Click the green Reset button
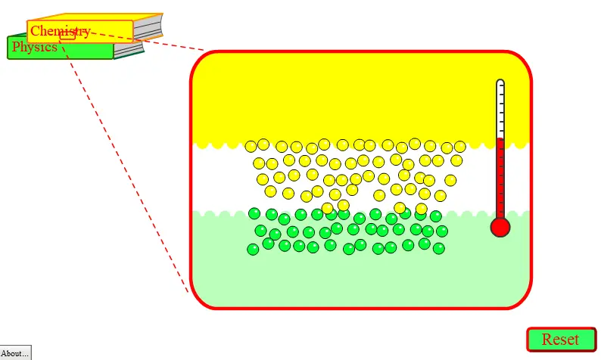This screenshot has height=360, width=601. tap(562, 340)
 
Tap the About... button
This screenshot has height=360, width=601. tap(15, 353)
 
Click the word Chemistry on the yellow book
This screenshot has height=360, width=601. tap(61, 31)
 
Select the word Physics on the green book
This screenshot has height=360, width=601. tap(35, 47)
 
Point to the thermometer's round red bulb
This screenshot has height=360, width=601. tap(500, 227)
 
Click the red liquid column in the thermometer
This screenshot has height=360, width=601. tap(500, 178)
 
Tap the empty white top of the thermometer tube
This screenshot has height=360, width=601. tap(500, 109)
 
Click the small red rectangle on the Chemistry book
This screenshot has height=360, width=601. tap(67, 36)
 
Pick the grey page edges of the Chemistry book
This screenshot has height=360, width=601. tap(148, 28)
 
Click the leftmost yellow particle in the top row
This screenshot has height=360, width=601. tap(251, 146)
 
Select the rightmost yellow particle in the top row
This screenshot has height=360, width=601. tap(460, 146)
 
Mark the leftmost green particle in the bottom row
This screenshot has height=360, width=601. tap(253, 250)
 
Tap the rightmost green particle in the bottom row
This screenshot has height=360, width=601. tap(439, 249)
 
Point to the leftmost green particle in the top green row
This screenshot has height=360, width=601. tap(254, 213)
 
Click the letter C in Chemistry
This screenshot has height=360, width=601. tap(35, 31)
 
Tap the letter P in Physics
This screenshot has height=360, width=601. tap(16, 47)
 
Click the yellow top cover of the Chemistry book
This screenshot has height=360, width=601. tap(96, 17)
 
